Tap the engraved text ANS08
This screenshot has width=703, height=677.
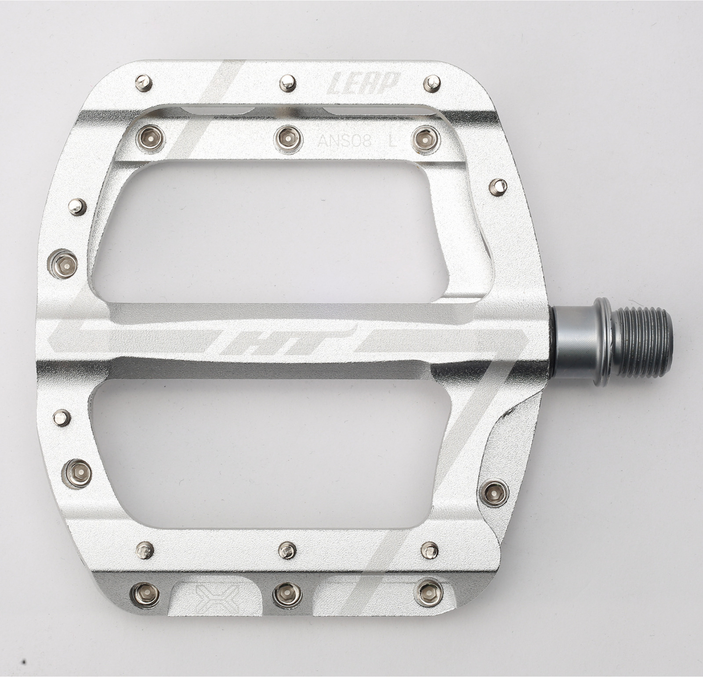tap(345, 141)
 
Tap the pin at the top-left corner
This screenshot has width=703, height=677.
tap(143, 83)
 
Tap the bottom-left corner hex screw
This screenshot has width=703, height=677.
tap(145, 594)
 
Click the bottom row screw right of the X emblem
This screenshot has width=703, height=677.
tap(286, 595)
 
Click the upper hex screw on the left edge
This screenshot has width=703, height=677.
tap(63, 264)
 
